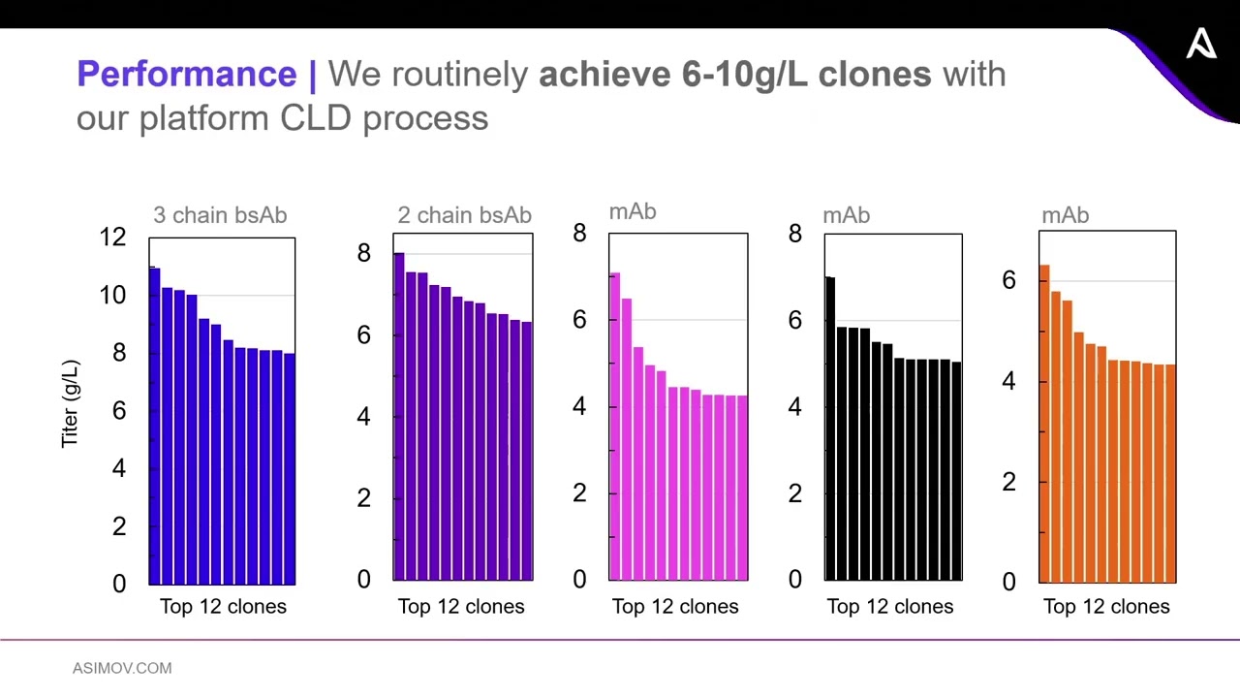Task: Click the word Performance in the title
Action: [186, 75]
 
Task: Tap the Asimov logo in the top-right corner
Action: [1201, 44]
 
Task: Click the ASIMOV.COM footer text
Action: [122, 668]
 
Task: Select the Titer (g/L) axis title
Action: [70, 403]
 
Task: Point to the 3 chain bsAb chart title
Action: [220, 215]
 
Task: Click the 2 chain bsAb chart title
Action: [464, 215]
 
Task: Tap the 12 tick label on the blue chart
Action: [112, 238]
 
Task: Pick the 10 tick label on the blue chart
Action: [112, 296]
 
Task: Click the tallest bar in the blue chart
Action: [155, 427]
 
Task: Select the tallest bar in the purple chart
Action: [399, 417]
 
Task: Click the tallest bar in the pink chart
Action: [615, 427]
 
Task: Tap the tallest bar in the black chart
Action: [830, 427]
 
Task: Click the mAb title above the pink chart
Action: [633, 211]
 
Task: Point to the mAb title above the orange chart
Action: [1065, 215]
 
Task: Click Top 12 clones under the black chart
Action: [889, 607]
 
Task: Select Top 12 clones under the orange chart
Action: [1106, 607]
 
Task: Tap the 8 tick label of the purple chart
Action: [363, 253]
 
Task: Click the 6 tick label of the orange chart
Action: [1008, 280]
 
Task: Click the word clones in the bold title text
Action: [874, 75]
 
